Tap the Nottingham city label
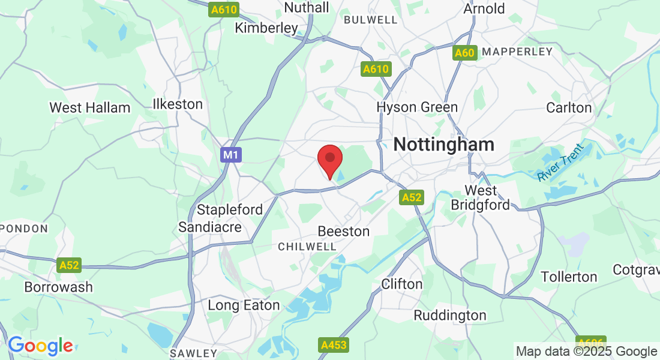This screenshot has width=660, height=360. (444, 145)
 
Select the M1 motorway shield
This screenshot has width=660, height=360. (231, 155)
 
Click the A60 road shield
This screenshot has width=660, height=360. (464, 53)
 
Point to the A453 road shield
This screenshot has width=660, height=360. (334, 345)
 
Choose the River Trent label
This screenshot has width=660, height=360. (560, 163)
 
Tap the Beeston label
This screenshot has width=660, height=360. (344, 231)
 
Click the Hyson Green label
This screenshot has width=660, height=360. (417, 107)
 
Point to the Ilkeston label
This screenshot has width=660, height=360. (178, 104)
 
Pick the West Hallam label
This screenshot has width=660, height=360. (90, 108)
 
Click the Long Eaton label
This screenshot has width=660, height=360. (244, 305)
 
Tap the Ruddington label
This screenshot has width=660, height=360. (450, 315)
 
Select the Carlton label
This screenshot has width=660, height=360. (569, 108)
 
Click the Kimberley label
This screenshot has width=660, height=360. (266, 28)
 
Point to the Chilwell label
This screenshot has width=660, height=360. (307, 247)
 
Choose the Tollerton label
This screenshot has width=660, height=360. (569, 277)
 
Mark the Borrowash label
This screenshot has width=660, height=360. (59, 287)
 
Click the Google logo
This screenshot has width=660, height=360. (40, 346)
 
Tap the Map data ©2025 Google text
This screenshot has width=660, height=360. (586, 352)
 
